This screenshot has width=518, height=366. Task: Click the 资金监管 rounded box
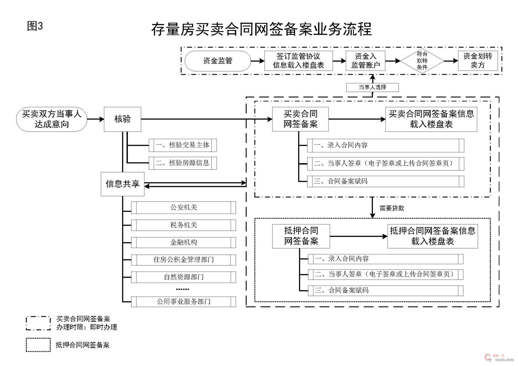(x=218, y=61)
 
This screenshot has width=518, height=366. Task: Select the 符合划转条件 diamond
(x=422, y=61)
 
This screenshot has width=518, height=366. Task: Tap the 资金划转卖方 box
(x=478, y=61)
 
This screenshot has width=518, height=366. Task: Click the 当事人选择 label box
(x=372, y=87)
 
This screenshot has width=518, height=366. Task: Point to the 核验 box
(x=122, y=119)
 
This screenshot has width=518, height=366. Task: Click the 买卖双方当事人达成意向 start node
(x=52, y=119)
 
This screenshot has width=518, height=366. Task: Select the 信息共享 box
(x=122, y=184)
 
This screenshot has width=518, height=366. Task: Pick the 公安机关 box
(x=184, y=207)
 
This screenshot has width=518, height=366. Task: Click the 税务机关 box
(x=184, y=225)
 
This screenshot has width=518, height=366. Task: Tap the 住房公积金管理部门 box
(x=184, y=260)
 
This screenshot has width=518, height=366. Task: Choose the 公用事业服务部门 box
(x=184, y=302)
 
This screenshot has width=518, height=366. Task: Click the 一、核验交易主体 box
(x=183, y=145)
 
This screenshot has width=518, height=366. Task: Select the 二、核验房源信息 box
(x=183, y=163)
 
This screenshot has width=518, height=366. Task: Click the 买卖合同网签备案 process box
(x=300, y=119)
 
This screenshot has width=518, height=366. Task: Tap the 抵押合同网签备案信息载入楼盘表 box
(x=433, y=236)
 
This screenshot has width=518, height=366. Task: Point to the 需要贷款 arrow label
(x=392, y=208)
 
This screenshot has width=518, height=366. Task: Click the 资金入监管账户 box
(x=366, y=61)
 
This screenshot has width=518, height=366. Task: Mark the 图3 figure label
(x=35, y=26)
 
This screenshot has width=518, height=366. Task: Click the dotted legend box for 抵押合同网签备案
(x=38, y=345)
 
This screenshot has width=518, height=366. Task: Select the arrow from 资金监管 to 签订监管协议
(x=258, y=61)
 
